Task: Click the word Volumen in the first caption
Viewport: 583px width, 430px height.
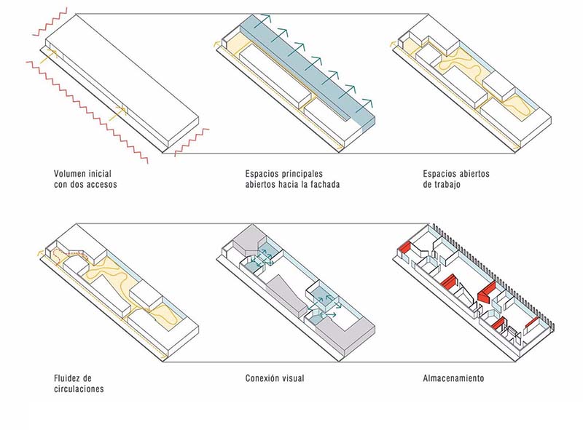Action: tap(69, 174)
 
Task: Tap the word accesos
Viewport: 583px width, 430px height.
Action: tap(101, 185)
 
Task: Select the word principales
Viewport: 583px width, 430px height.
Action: tap(301, 174)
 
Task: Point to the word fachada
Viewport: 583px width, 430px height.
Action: tap(324, 185)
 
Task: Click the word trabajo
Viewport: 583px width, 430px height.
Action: tap(447, 185)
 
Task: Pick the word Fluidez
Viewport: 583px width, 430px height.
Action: tap(67, 378)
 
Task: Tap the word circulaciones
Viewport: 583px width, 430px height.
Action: tap(79, 389)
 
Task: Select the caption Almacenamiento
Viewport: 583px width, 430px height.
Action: tap(453, 378)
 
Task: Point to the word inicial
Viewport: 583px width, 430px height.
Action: tap(99, 174)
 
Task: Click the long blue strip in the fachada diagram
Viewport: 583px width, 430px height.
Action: tap(307, 71)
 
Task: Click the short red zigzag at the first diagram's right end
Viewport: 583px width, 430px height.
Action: tap(192, 142)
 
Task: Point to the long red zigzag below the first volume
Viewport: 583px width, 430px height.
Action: tap(87, 111)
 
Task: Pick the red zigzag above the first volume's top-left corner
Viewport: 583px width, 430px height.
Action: tap(50, 22)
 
